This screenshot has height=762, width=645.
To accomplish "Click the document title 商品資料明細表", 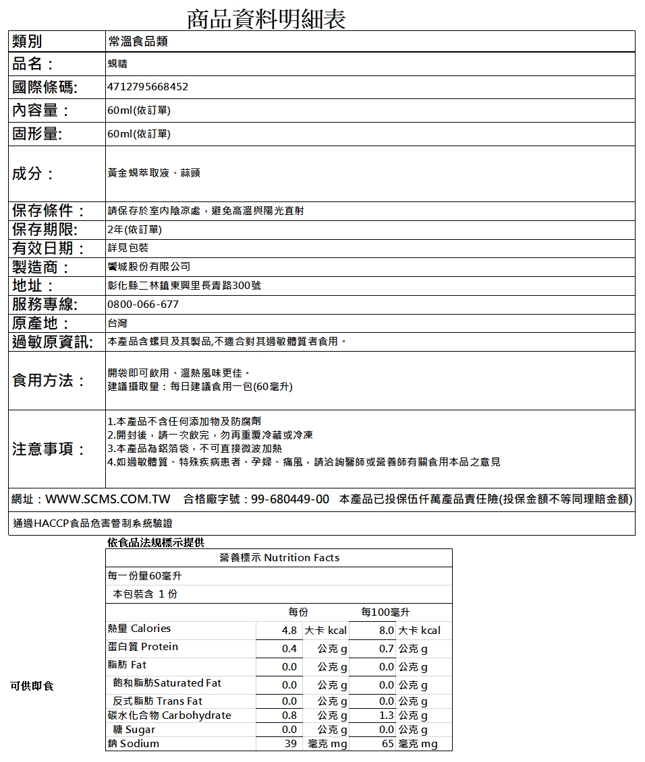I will pos(265,18).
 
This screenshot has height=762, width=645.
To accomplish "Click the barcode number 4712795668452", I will pos(148,87).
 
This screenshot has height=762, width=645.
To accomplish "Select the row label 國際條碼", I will pos(45,87).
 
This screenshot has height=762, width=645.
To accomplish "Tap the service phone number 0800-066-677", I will pos(143,305).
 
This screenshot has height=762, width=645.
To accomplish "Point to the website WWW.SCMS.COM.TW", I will pos(108,499).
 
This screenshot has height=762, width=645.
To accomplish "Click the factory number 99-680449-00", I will pos(290,499).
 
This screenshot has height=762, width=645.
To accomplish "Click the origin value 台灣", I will pos(117,323).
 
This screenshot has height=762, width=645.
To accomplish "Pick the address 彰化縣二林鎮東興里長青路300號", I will pos(184,286).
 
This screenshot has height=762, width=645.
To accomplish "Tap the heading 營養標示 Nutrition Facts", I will pos(279,558).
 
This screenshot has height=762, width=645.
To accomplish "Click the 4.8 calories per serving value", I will pos(289,631).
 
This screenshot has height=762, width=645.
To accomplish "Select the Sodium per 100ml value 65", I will pos(387,744).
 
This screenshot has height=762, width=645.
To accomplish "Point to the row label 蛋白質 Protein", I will pos(143,647).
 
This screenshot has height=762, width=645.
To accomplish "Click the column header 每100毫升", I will pos(385,612).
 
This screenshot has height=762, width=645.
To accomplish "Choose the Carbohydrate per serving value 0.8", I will pos(289,716).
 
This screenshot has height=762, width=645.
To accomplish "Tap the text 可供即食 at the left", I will pos(32,686).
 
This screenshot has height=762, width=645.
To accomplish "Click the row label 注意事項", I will pos(49,449).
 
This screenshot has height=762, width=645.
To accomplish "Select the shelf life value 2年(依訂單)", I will pos(135,230).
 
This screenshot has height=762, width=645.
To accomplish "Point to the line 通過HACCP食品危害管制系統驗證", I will pos(93,523).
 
